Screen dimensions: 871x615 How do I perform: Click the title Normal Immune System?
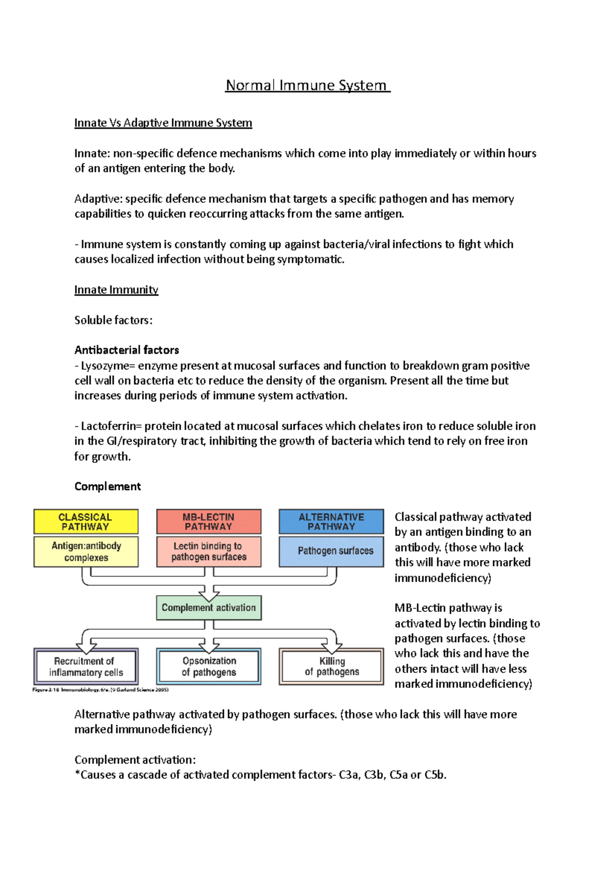coord(307,85)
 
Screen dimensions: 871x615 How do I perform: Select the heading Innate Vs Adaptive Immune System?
coord(163,123)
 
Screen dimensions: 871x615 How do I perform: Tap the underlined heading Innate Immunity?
coord(116,290)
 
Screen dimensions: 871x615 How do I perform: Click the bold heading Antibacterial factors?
coord(127,350)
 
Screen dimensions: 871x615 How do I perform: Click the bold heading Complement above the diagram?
coord(108,486)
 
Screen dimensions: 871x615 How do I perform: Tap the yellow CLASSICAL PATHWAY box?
coord(86,522)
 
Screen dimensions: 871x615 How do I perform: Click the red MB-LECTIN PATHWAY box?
coord(209,522)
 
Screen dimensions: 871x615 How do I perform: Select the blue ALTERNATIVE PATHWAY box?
coord(331,522)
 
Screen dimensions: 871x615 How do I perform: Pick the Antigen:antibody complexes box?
coord(86,551)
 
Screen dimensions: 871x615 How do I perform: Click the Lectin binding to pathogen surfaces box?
coord(209,551)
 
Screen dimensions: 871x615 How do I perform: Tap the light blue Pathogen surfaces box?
coord(331,551)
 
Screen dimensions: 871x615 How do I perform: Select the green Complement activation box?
coord(209,608)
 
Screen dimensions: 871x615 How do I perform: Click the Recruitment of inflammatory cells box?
coord(86,667)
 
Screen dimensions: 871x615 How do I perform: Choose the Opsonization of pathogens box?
coord(209,667)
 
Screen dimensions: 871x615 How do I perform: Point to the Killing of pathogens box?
coord(331,667)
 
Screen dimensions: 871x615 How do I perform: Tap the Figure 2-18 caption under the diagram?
coord(100,690)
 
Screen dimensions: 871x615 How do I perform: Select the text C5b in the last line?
coord(435,775)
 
